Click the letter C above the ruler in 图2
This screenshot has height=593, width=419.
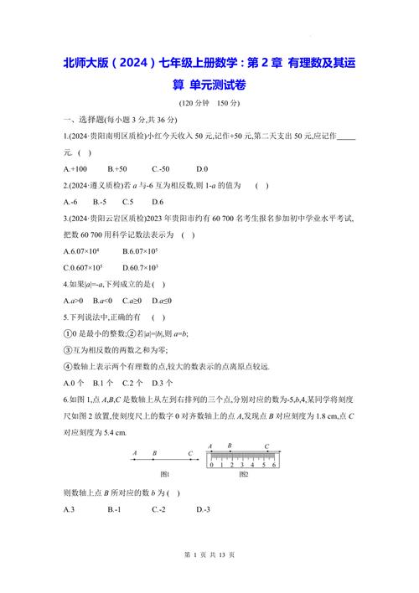(266, 446)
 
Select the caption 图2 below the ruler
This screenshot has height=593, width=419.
(243, 475)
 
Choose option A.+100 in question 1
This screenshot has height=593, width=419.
(77, 169)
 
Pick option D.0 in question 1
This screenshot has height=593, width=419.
(202, 169)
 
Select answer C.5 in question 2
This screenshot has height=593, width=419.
(127, 202)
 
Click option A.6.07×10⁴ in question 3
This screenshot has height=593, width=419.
(81, 251)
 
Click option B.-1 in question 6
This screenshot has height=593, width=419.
(116, 509)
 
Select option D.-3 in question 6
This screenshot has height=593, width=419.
(204, 509)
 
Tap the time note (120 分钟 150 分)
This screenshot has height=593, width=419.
(209, 103)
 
